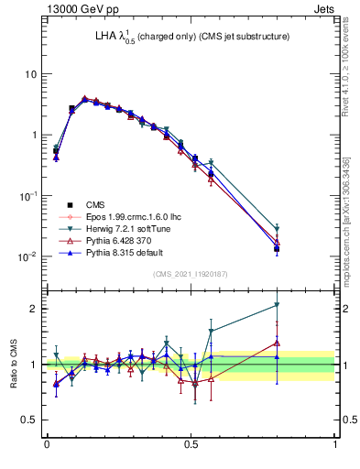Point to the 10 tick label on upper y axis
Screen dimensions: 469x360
(x=31, y=73)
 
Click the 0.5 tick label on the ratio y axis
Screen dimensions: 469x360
(x=30, y=420)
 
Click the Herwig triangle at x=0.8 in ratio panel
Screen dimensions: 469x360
(x=277, y=305)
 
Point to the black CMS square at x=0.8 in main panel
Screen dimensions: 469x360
(x=277, y=248)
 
